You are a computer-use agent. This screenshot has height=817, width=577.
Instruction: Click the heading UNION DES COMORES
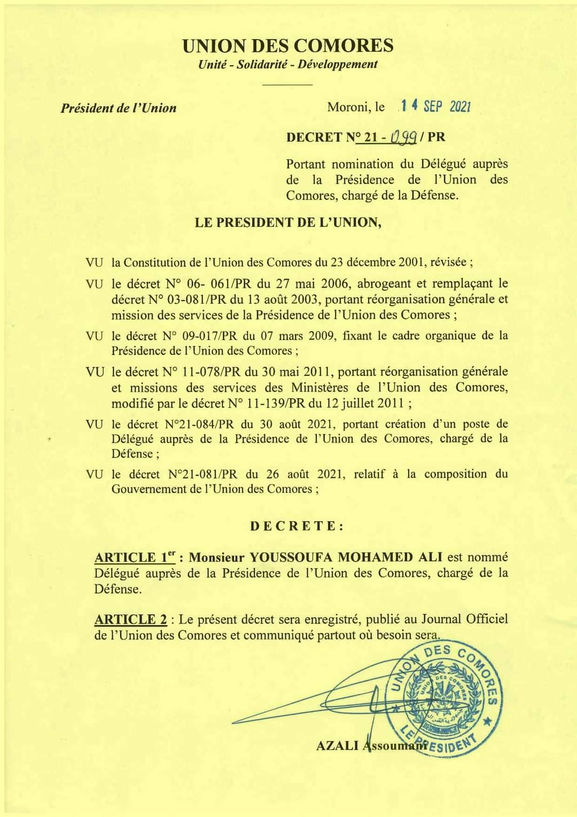click(287, 46)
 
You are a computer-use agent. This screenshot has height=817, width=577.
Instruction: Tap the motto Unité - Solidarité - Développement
click(287, 65)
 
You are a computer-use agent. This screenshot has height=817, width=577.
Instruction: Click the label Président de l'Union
click(118, 108)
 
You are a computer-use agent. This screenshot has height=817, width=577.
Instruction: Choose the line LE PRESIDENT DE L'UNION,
click(288, 222)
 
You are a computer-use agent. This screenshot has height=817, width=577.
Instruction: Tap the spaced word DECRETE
click(297, 526)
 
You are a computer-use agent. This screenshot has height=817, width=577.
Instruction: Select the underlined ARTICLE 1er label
click(135, 557)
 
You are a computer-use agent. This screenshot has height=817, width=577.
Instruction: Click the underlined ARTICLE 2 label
click(130, 620)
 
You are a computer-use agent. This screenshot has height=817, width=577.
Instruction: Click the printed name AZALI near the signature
click(337, 745)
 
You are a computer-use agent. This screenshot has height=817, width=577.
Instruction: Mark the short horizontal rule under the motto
click(287, 84)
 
